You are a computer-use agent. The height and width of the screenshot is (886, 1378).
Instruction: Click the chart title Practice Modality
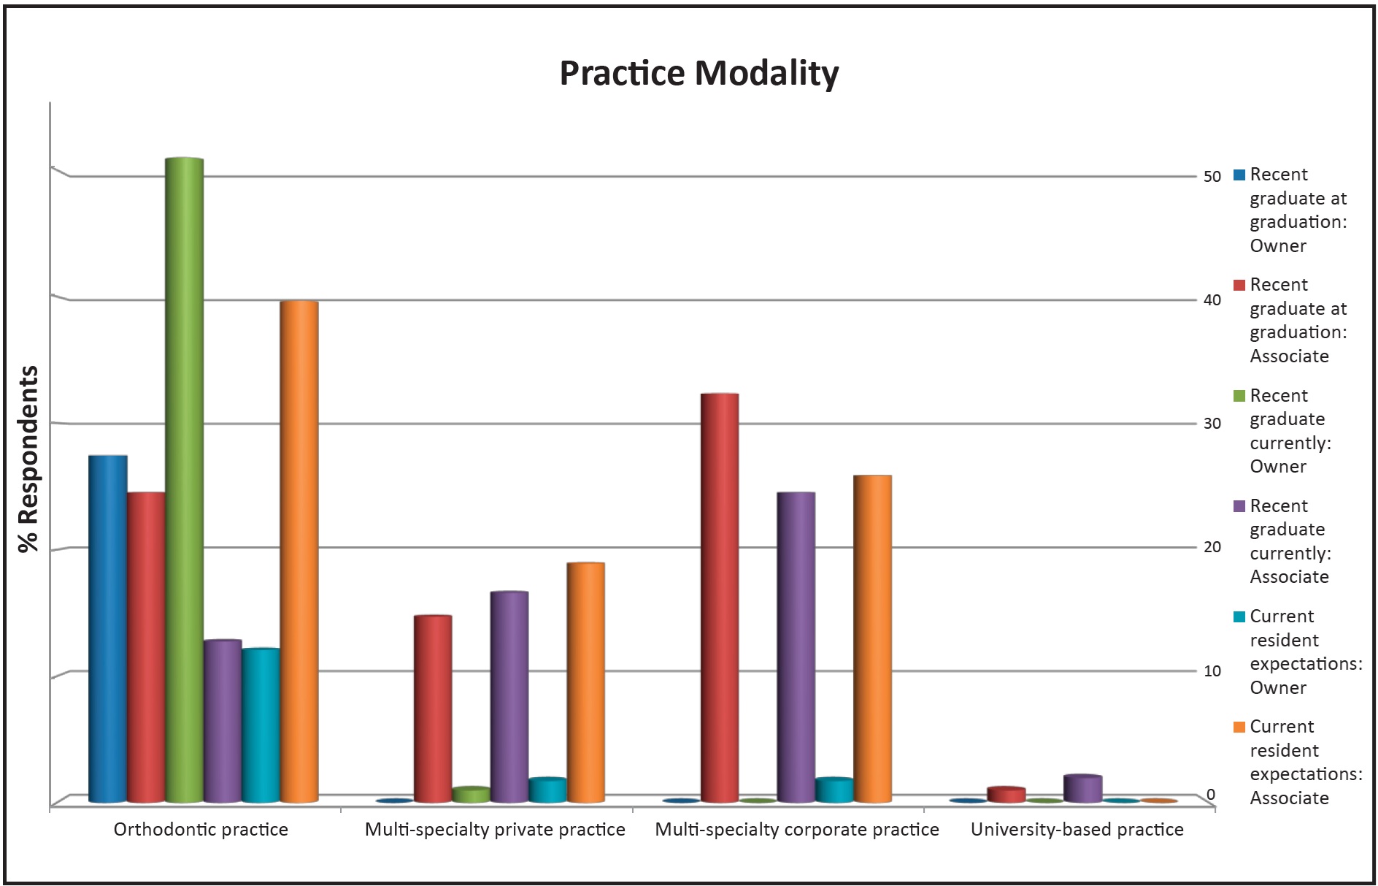[x=698, y=73]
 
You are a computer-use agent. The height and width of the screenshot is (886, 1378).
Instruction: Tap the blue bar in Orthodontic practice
[x=108, y=628]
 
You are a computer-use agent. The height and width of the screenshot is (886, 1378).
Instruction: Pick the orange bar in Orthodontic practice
[x=299, y=551]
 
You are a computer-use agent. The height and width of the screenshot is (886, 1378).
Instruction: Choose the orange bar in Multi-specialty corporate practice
[x=872, y=638]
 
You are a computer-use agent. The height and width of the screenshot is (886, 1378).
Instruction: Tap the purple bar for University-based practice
[x=1082, y=789]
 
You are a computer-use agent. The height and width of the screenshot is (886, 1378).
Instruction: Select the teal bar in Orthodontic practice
[x=261, y=725]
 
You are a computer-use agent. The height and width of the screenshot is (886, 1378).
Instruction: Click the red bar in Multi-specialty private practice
[x=433, y=709]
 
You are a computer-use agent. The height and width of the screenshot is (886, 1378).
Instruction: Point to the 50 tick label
[x=1212, y=177]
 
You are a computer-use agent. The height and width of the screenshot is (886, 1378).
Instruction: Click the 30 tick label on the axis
[x=1212, y=424]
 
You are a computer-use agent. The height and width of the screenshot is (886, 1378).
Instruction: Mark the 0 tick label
[x=1211, y=795]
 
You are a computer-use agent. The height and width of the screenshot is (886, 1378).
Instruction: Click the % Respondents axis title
[x=28, y=459]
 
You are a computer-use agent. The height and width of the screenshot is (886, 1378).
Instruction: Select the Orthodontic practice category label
[x=201, y=830]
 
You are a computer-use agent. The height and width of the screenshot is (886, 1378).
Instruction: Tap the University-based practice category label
[x=1077, y=830]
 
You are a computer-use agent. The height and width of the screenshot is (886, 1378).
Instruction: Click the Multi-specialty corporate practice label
[x=797, y=830]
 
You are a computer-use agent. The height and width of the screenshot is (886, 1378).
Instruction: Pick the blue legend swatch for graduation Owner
[x=1239, y=175]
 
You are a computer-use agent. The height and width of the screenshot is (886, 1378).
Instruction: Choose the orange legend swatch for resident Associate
[x=1239, y=727]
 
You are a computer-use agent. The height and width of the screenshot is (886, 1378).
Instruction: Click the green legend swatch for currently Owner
[x=1239, y=396]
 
